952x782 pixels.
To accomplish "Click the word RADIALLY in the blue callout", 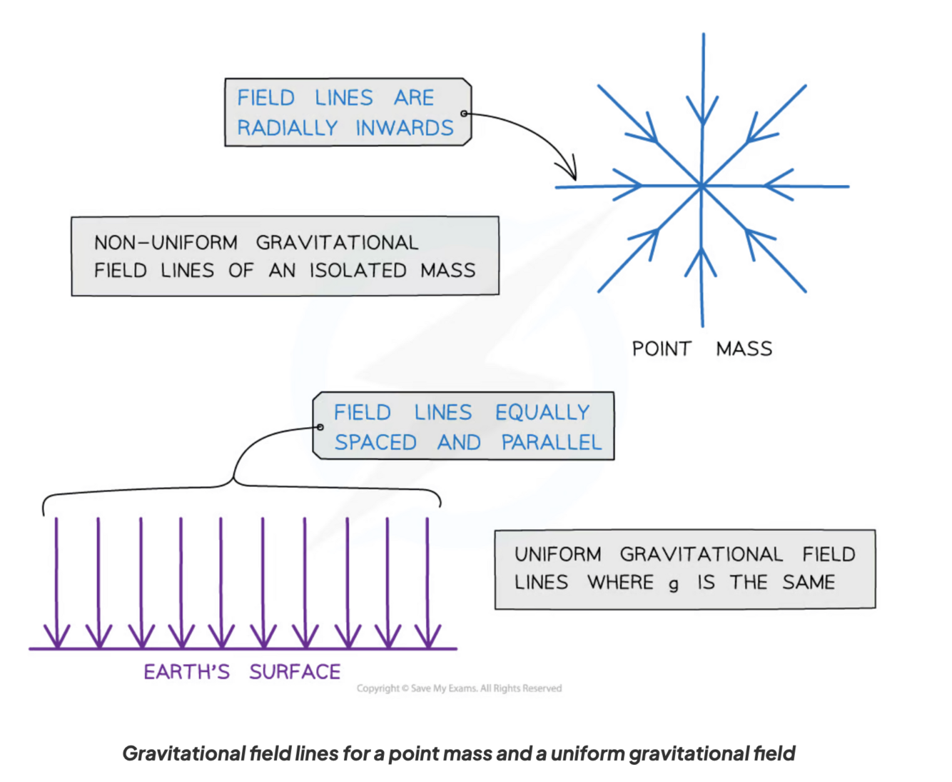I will click(x=287, y=128).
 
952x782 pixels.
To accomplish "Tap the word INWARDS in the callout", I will click(x=404, y=128).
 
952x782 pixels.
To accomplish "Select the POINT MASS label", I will click(x=702, y=349).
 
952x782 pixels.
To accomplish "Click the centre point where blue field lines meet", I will click(x=702, y=186).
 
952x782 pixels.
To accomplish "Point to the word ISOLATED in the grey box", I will click(x=358, y=271).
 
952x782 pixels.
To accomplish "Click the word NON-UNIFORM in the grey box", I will click(x=166, y=243).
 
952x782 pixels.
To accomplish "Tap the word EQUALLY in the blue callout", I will click(x=542, y=413).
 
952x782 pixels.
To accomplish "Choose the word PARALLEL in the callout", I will click(x=551, y=443).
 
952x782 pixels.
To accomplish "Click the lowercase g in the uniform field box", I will click(x=674, y=585).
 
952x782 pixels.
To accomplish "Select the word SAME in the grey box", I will click(x=809, y=583).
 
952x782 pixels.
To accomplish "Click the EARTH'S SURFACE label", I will click(x=242, y=672).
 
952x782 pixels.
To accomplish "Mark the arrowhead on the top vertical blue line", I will click(x=703, y=114).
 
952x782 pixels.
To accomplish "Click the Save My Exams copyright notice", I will click(x=459, y=688).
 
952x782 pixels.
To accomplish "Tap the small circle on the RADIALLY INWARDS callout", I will click(x=464, y=114).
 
